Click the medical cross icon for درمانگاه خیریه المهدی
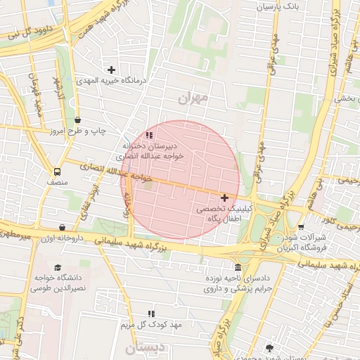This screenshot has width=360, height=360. tap(111, 70)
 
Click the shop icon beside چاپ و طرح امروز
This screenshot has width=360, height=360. tap(77, 120)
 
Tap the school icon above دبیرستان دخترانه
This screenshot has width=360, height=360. tap(148, 134)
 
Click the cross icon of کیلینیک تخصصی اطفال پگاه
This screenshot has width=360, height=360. tap(224, 198)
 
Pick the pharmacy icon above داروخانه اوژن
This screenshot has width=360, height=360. tap(63, 228)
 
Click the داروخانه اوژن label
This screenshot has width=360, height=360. tap(64, 239)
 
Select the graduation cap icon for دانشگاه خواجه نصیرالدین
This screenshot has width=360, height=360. tap(57, 267)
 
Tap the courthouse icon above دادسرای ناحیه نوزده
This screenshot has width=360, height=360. tap(238, 267)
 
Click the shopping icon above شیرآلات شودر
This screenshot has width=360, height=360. tap(302, 227)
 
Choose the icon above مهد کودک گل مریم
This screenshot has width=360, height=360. tap(150, 313)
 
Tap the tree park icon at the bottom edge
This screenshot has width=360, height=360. tap(269, 348)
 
